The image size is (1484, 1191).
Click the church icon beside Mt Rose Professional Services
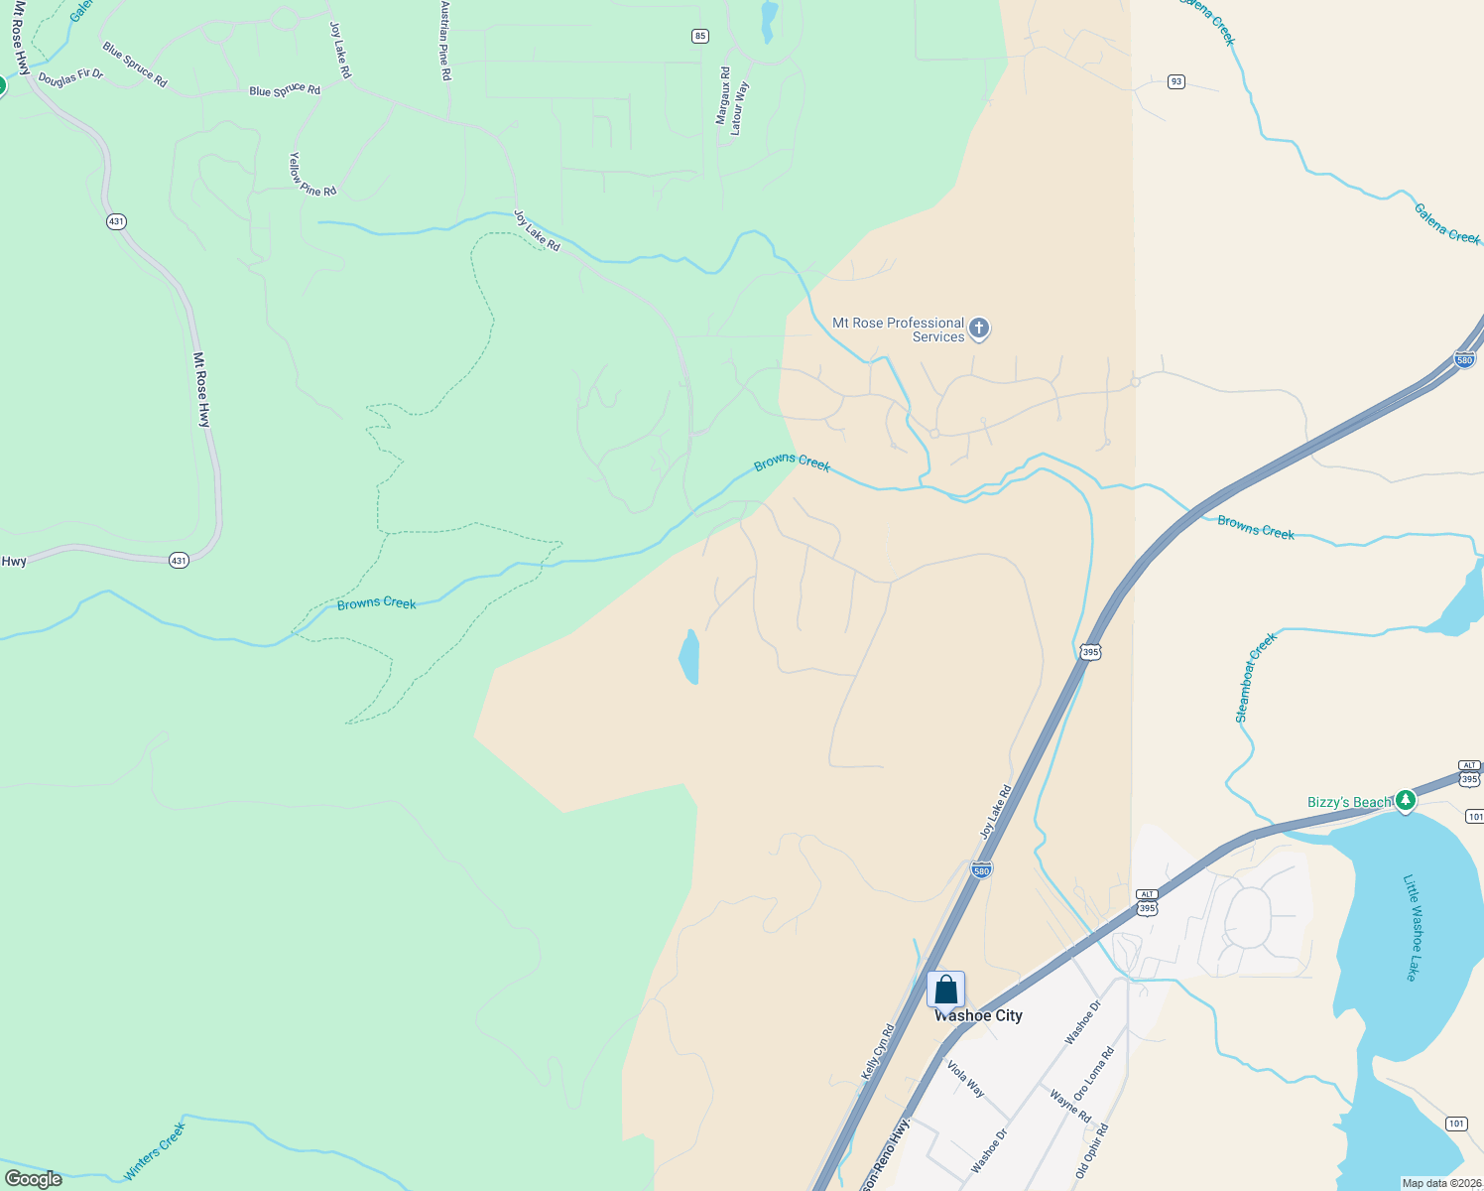pyautogui.click(x=979, y=329)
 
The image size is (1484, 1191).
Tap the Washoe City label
pyautogui.click(x=978, y=1015)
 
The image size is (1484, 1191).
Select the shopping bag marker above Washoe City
pyautogui.click(x=945, y=990)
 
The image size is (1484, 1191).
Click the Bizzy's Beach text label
pyautogui.click(x=1349, y=802)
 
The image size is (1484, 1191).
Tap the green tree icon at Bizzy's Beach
pyautogui.click(x=1405, y=800)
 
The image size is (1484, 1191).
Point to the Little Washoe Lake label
pyautogui.click(x=1413, y=927)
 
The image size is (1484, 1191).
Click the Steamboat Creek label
pyautogui.click(x=1255, y=678)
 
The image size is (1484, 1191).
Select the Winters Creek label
pyautogui.click(x=155, y=1151)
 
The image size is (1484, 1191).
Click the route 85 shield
pyautogui.click(x=700, y=36)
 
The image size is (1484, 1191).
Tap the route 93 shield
pyautogui.click(x=1175, y=81)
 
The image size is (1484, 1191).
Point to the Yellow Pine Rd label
pyautogui.click(x=311, y=176)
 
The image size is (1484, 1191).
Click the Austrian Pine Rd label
pyautogui.click(x=446, y=41)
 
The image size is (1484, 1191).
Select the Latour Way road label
pyautogui.click(x=740, y=108)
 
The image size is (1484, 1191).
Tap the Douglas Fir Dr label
pyautogui.click(x=70, y=76)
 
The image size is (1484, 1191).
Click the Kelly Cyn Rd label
pyautogui.click(x=878, y=1051)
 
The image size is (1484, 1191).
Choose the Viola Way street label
pyautogui.click(x=965, y=1079)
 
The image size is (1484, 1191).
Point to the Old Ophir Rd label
pyautogui.click(x=1092, y=1151)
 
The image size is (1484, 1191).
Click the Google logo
pyautogui.click(x=34, y=1179)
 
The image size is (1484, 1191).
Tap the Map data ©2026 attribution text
pyautogui.click(x=1438, y=1183)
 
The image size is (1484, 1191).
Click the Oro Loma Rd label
pyautogui.click(x=1094, y=1073)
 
